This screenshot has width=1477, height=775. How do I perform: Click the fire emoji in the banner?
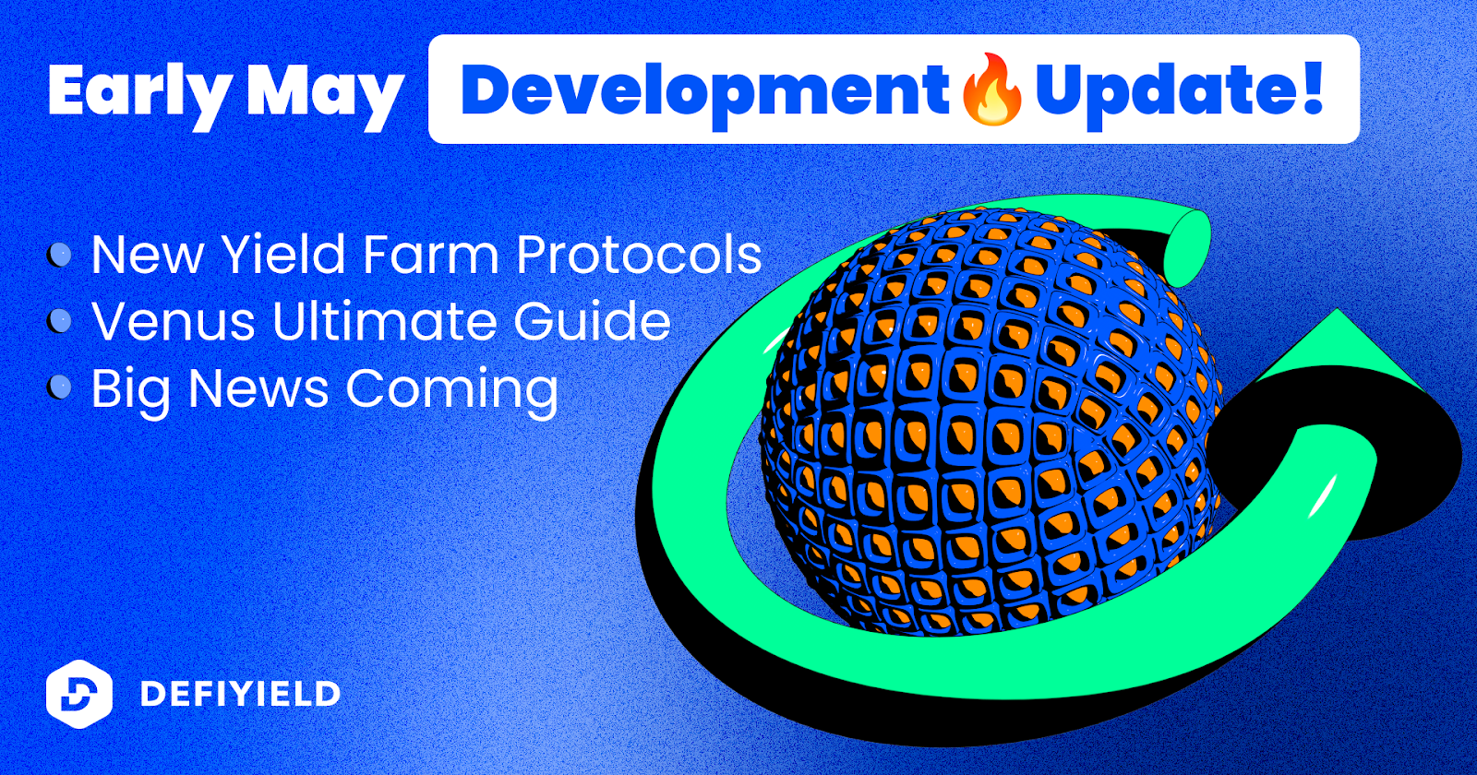[x=992, y=89]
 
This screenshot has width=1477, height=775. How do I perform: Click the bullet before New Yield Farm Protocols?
[x=59, y=255]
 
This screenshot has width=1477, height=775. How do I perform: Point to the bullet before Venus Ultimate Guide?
[x=59, y=321]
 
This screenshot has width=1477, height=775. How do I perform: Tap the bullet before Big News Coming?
[x=59, y=387]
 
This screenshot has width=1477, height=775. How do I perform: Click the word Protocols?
[x=639, y=254]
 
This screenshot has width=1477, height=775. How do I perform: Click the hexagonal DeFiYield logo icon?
[x=79, y=693]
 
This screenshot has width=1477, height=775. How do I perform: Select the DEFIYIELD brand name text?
[x=240, y=694]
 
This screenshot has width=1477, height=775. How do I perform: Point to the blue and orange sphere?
[x=989, y=422]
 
